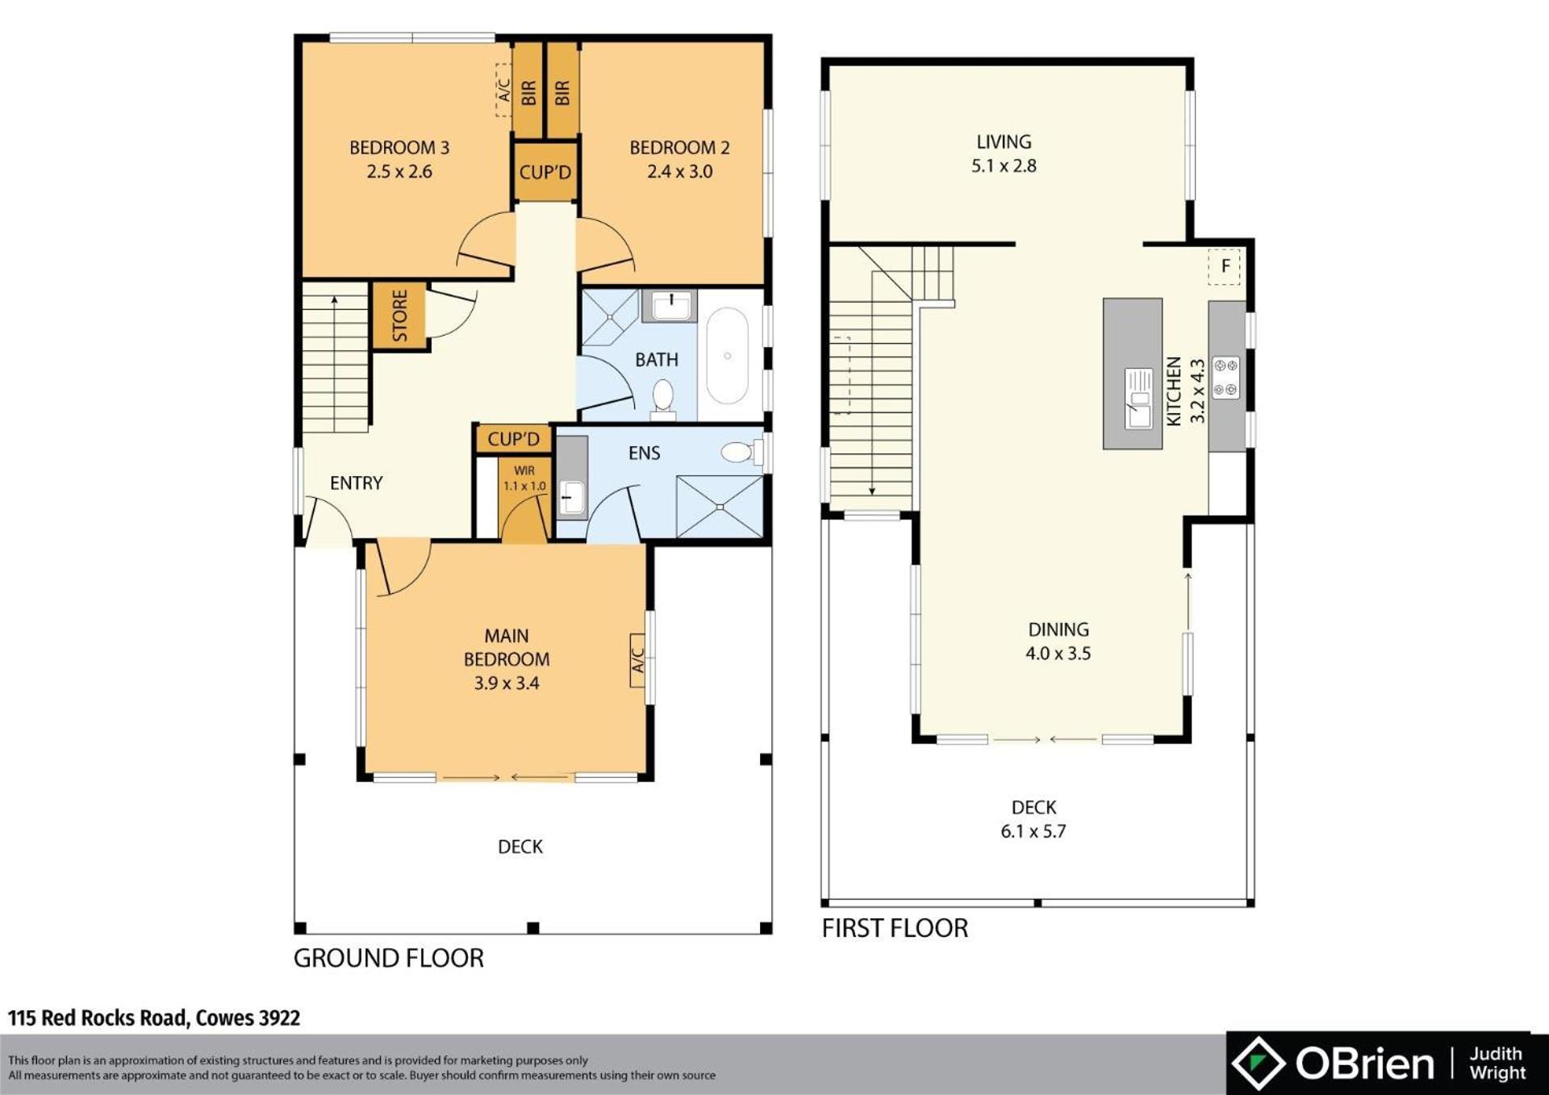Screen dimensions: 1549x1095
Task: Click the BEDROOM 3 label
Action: pos(399,148)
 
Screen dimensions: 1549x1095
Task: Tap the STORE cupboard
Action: pos(399,316)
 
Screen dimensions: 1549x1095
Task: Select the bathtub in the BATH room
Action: pos(727,355)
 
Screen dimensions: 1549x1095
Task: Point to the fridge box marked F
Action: pos(1225,266)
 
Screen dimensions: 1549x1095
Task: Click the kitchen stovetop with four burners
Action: pos(1225,378)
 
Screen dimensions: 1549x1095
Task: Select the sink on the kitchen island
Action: pos(1139,398)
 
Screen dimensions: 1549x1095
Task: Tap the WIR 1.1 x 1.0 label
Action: pos(524,478)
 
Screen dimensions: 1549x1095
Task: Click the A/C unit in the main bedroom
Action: pos(637,660)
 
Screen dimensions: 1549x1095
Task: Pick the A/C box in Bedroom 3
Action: pos(503,90)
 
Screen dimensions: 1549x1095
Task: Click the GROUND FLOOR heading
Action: pos(388,958)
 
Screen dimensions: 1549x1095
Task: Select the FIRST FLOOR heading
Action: pos(895,928)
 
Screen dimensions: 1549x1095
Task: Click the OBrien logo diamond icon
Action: pos(1259,1063)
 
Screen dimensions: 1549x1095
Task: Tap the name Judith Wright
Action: pos(1497,1064)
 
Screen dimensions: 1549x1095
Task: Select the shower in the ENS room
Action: pos(720,507)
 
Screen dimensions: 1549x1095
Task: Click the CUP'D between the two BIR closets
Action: pos(545,172)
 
